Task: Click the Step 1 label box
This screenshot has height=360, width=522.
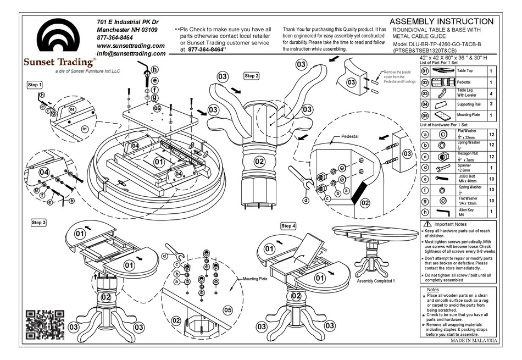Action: pyautogui.click(x=35, y=85)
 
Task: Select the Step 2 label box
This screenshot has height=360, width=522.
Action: pyautogui.click(x=252, y=76)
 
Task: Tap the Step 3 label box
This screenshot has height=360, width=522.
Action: pyautogui.click(x=38, y=223)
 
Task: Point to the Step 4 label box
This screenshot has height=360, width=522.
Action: pyautogui.click(x=288, y=226)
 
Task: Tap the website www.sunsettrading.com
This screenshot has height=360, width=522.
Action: pyautogui.click(x=131, y=46)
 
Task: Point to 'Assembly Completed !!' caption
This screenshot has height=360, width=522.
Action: pyautogui.click(x=375, y=281)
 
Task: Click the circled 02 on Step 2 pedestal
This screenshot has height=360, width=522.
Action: pyautogui.click(x=259, y=162)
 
